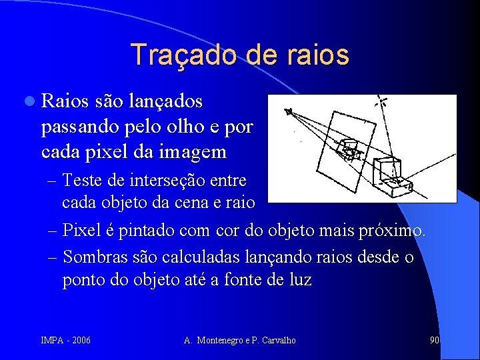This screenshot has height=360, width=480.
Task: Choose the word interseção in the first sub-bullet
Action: pos(169,180)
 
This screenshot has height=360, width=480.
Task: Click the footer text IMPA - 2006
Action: pos(65,341)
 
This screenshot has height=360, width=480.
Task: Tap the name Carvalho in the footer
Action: pos(279,341)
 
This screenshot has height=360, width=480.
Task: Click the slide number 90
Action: pos(435,341)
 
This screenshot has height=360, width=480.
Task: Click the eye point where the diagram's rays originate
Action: pos(288,111)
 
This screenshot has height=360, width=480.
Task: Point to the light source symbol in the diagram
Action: pos(383,102)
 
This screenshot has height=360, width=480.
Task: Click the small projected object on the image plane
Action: pos(348,150)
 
